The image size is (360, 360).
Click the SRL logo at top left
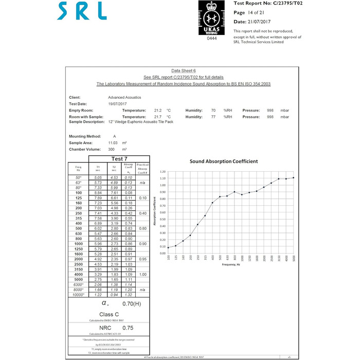82,11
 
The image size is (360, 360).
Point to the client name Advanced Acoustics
124,97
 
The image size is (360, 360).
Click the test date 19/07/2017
117,103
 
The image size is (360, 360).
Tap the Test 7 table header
119,158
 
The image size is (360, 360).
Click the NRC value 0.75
128,327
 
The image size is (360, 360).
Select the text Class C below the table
109,314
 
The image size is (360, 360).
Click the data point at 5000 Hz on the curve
294,178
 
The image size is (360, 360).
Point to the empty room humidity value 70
213,110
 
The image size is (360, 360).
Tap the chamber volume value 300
111,149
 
